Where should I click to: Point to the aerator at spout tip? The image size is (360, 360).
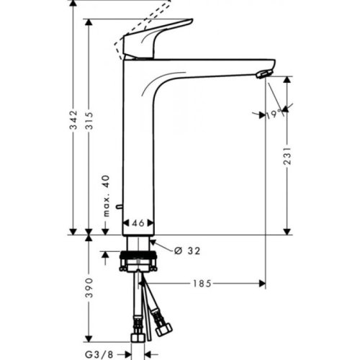coord(264,73)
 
